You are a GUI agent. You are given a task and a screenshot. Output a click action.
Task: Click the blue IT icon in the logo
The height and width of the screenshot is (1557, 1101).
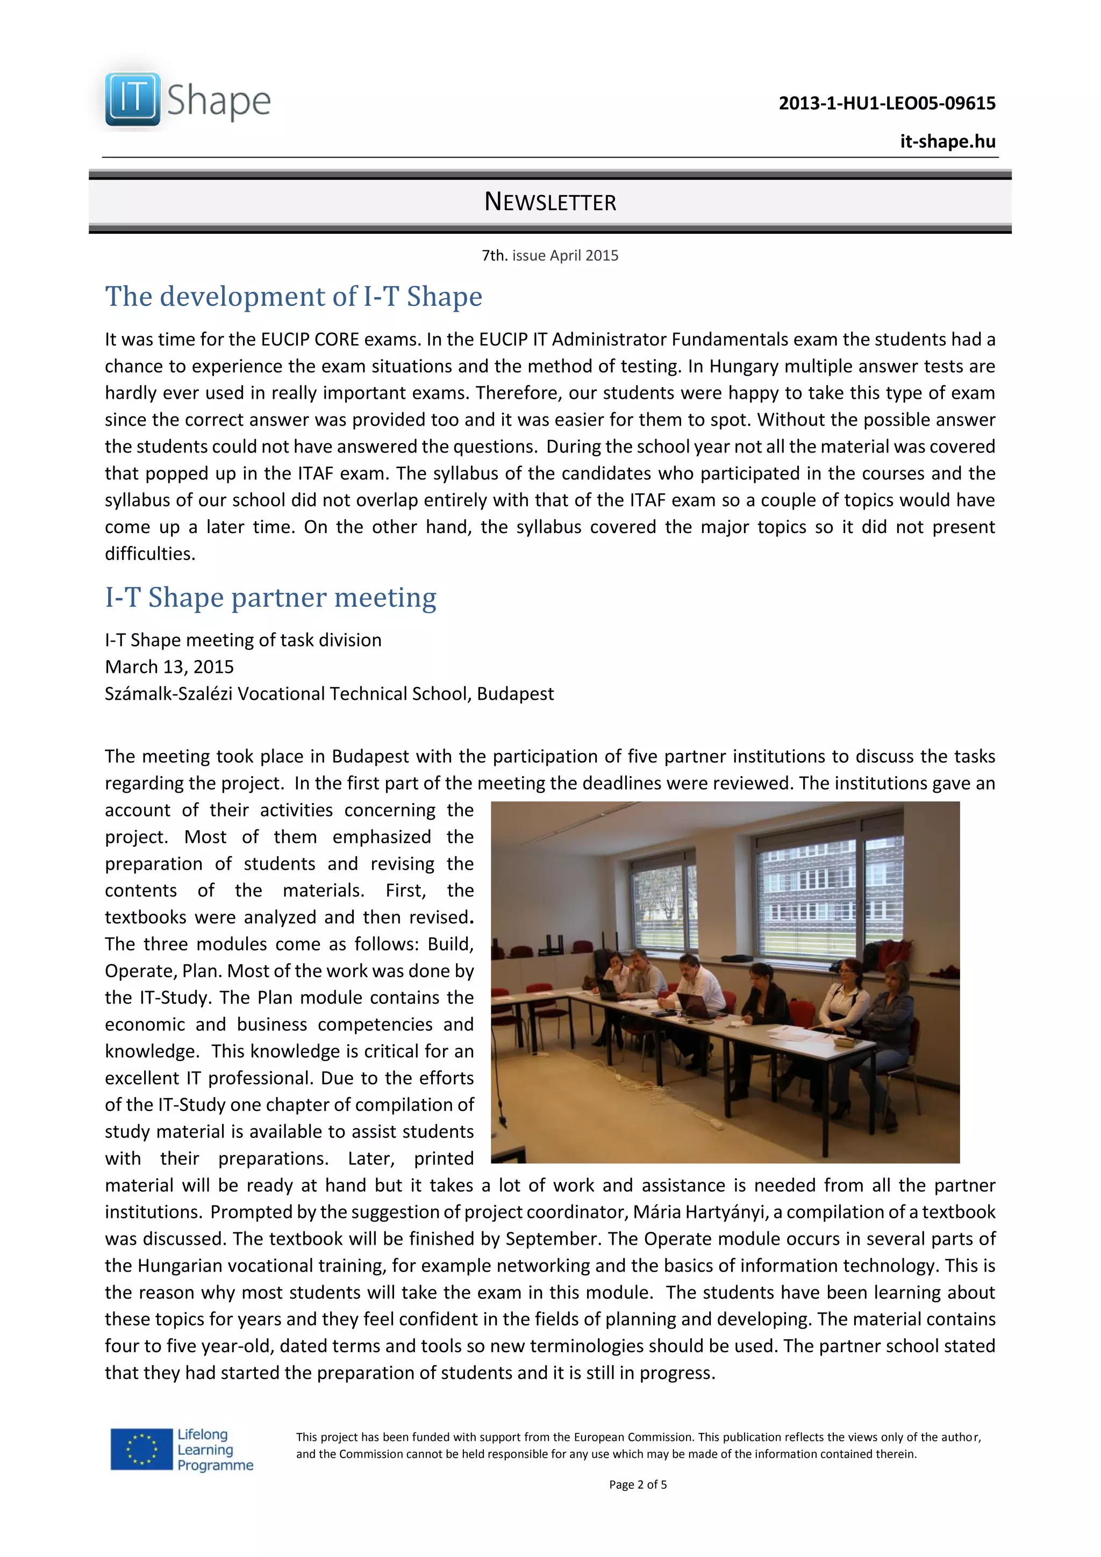132,99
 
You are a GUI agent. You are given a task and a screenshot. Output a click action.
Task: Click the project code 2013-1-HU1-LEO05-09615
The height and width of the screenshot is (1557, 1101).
886,103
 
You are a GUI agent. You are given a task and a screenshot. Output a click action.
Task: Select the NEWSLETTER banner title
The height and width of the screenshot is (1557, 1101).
549,202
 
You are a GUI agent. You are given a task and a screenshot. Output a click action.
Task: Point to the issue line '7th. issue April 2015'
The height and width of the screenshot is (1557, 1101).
549,256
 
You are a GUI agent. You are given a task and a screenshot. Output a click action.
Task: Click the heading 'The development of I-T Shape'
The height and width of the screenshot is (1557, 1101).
293,297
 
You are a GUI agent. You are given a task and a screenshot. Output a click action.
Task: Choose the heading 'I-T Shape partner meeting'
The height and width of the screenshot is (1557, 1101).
270,598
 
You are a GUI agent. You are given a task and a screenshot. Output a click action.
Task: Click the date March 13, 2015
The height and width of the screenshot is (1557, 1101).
169,668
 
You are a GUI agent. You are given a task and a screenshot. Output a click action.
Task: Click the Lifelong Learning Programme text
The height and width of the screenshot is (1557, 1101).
215,1451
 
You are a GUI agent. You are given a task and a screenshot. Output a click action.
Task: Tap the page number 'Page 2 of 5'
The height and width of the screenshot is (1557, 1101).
637,1484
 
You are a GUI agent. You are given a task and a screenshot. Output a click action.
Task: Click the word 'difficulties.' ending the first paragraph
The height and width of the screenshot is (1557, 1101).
150,554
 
